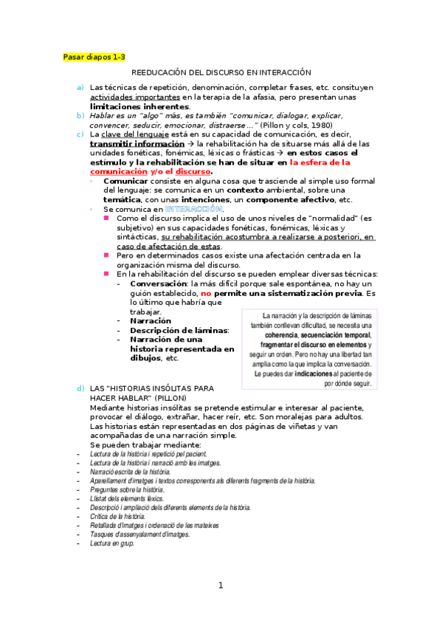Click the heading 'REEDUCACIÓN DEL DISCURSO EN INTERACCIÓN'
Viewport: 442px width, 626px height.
pyautogui.click(x=221, y=72)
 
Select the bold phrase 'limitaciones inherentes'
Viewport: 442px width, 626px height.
pyautogui.click(x=139, y=106)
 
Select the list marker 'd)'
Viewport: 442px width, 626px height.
pyautogui.click(x=80, y=388)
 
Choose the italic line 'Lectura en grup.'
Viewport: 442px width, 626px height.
pyautogui.click(x=111, y=543)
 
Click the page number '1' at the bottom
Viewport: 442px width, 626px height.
pyautogui.click(x=221, y=586)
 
